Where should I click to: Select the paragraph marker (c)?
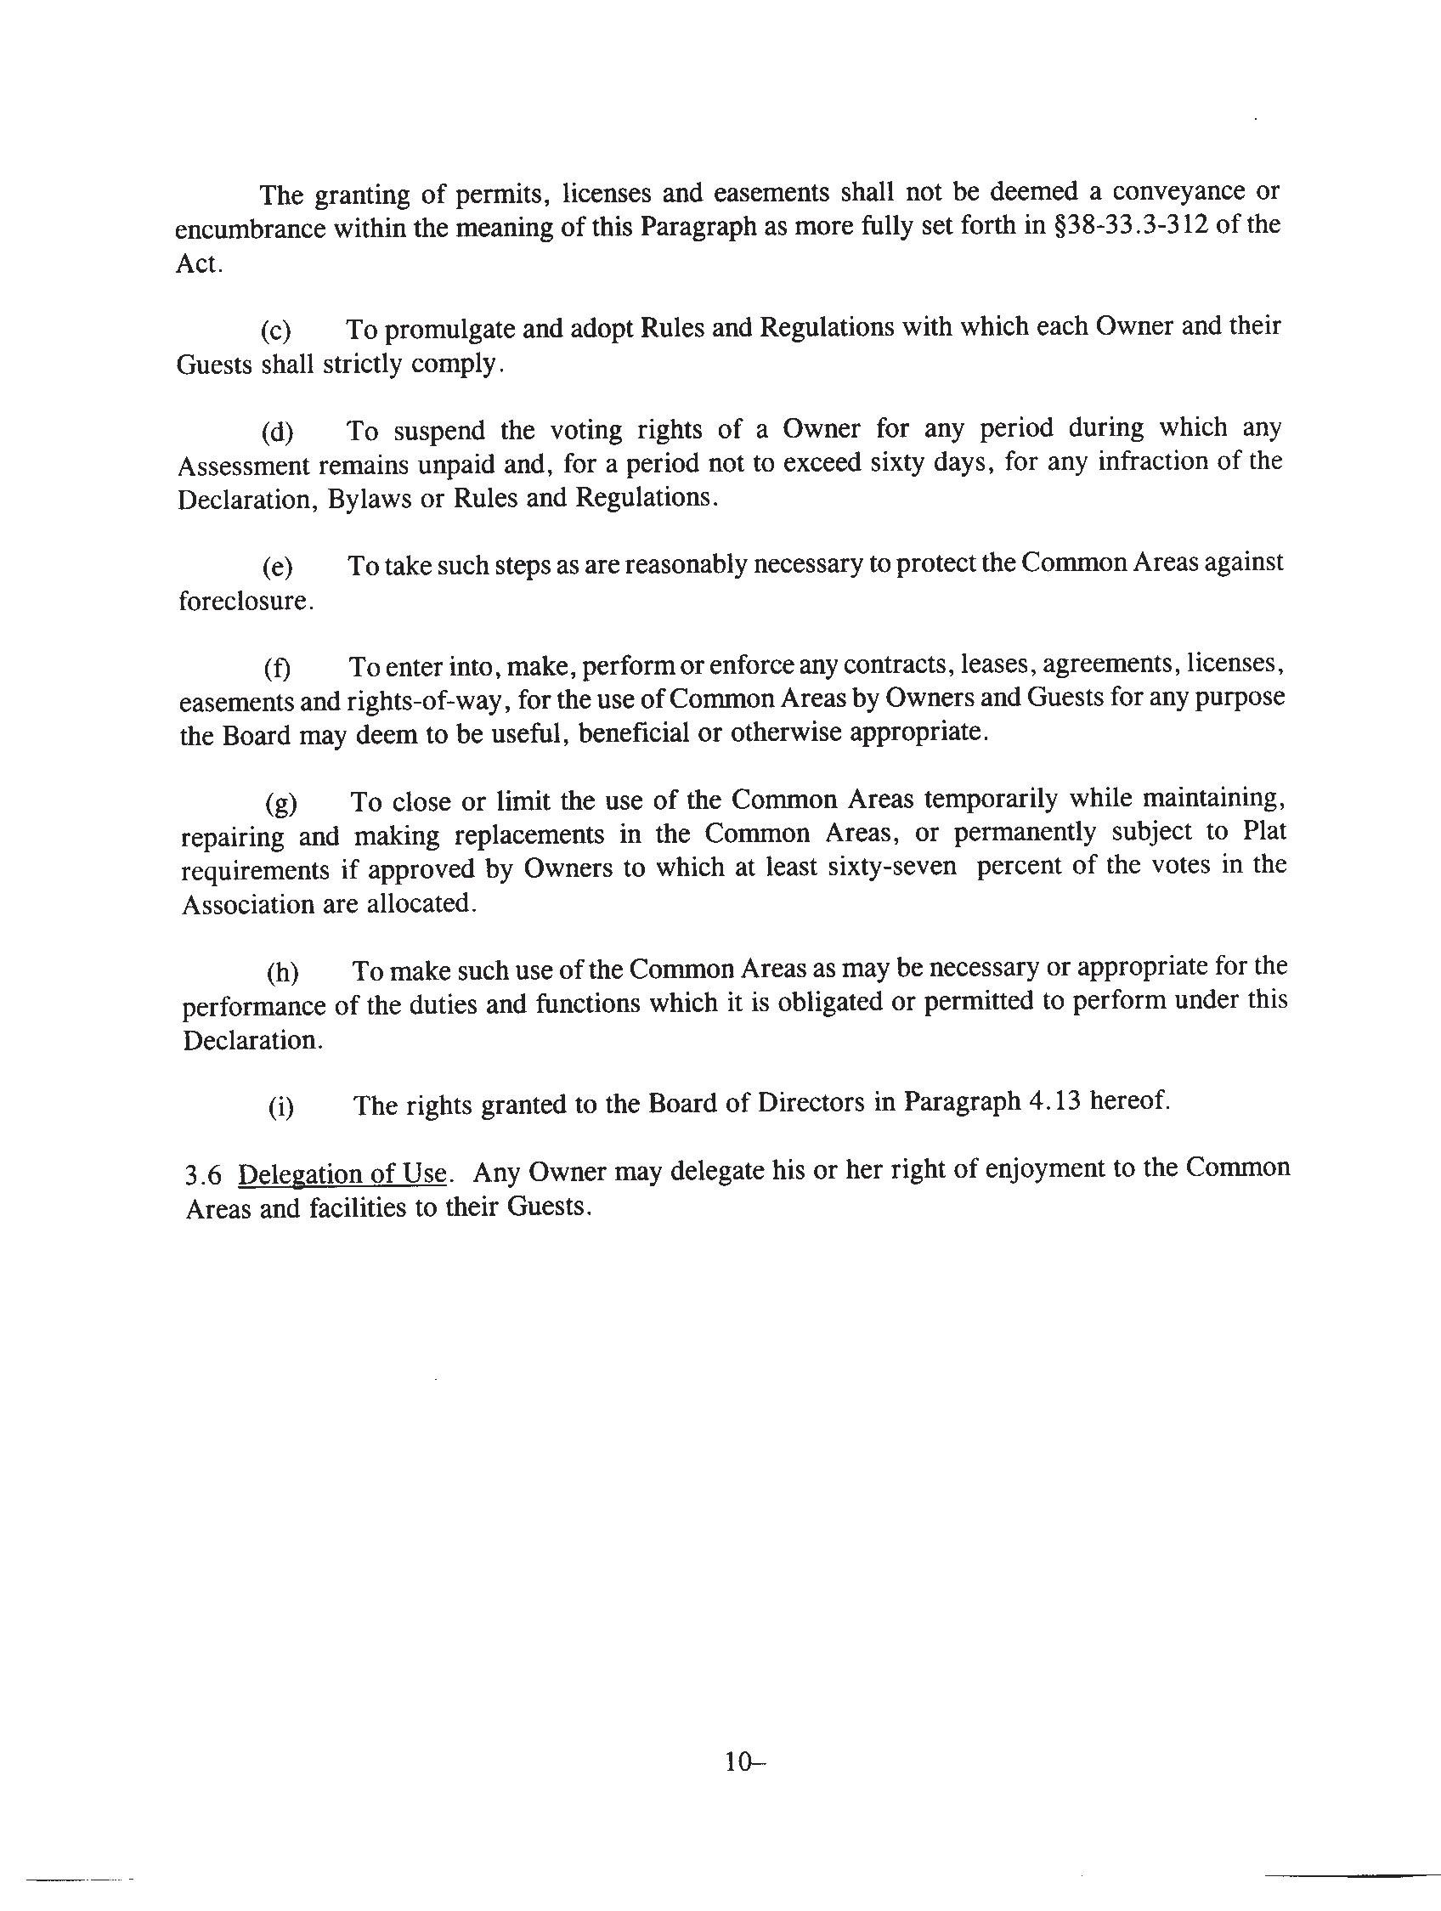coord(276,331)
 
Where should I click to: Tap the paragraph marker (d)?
coord(277,431)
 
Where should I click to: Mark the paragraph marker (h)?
coord(282,973)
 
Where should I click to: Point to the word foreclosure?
coord(246,602)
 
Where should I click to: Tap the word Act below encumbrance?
coord(199,263)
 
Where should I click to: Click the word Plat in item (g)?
coord(1264,831)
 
